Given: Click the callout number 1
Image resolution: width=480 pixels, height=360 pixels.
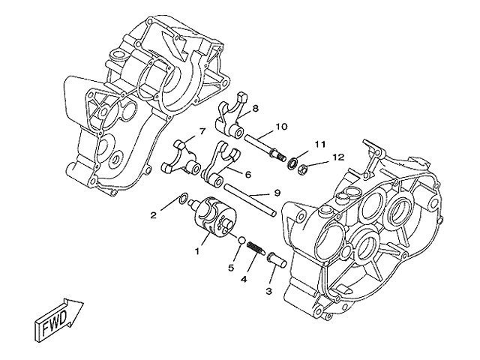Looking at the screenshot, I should [198, 251].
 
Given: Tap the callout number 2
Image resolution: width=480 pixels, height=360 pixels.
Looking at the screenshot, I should [153, 215].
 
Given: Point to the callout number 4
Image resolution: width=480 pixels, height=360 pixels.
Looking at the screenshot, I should [243, 279].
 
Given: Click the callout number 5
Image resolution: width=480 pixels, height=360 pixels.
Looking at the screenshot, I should [232, 267].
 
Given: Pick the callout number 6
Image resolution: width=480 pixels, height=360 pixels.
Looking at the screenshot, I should [247, 175].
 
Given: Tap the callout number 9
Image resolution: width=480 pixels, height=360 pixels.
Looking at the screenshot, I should [277, 193].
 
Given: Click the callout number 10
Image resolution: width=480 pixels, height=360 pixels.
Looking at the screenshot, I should [281, 126].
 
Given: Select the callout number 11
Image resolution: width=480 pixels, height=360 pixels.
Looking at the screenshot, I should [319, 143].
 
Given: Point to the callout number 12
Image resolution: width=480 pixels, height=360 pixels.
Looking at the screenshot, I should [339, 157].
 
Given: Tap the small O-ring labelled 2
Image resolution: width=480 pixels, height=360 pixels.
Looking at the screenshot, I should [182, 199].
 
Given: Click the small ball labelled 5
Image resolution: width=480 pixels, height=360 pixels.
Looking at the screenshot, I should [241, 241].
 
